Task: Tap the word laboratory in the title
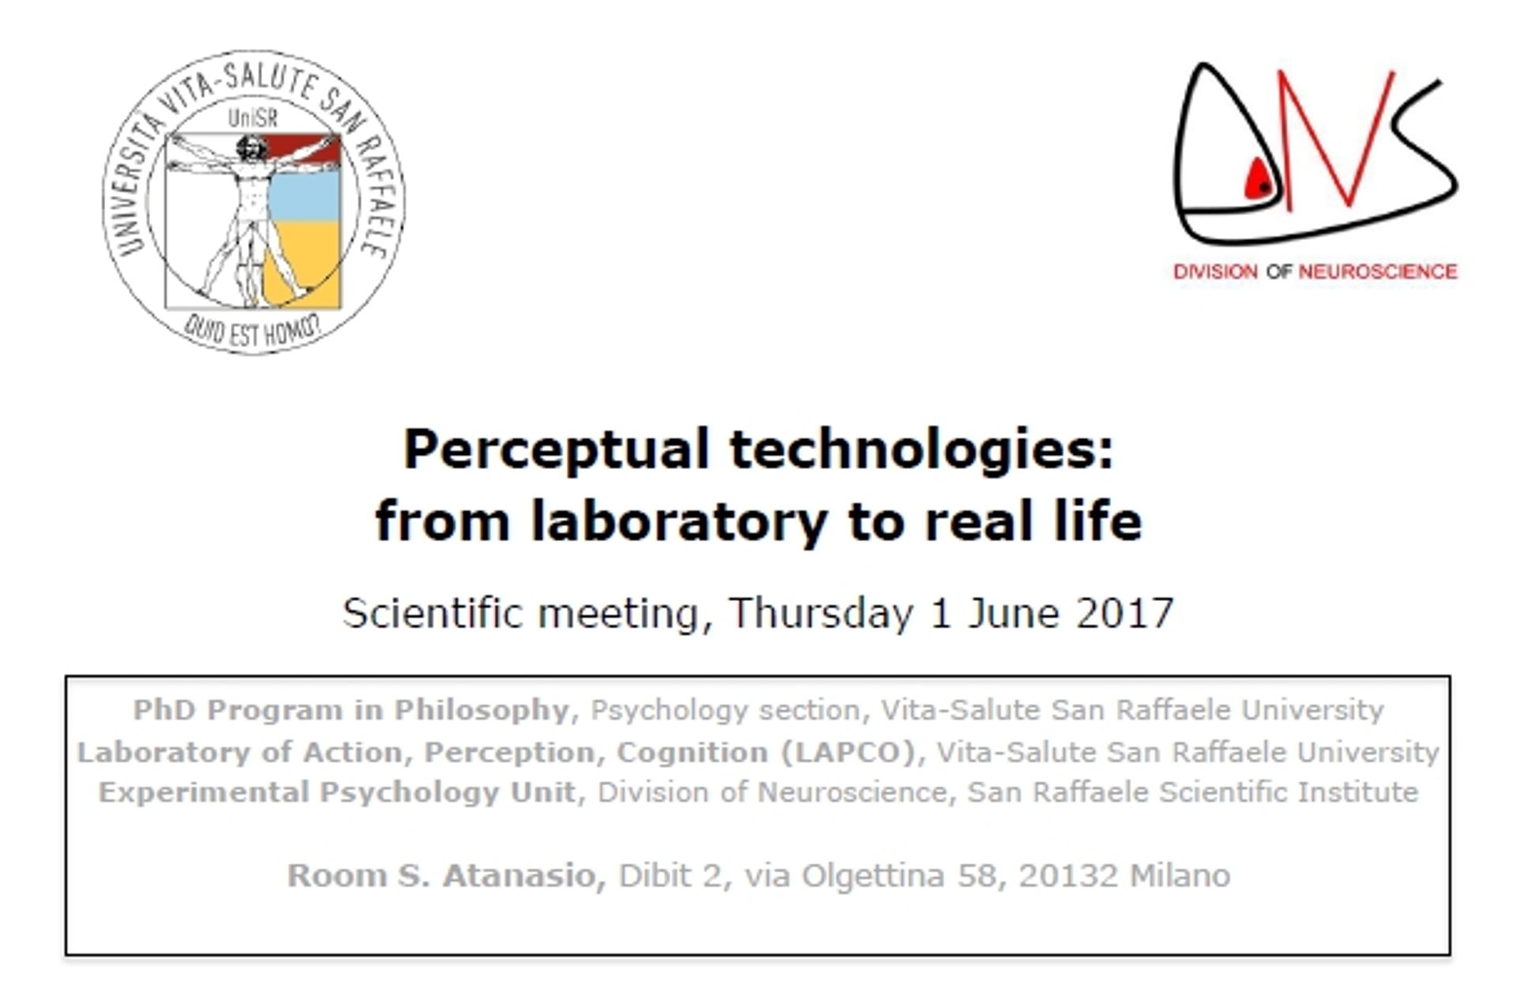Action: pyautogui.click(x=679, y=521)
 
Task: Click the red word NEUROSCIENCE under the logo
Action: pyautogui.click(x=1378, y=272)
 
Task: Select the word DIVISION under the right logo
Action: pyautogui.click(x=1215, y=272)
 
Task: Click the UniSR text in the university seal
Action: pyautogui.click(x=253, y=118)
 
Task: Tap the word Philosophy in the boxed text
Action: pyautogui.click(x=482, y=711)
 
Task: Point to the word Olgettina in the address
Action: pyautogui.click(x=872, y=876)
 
